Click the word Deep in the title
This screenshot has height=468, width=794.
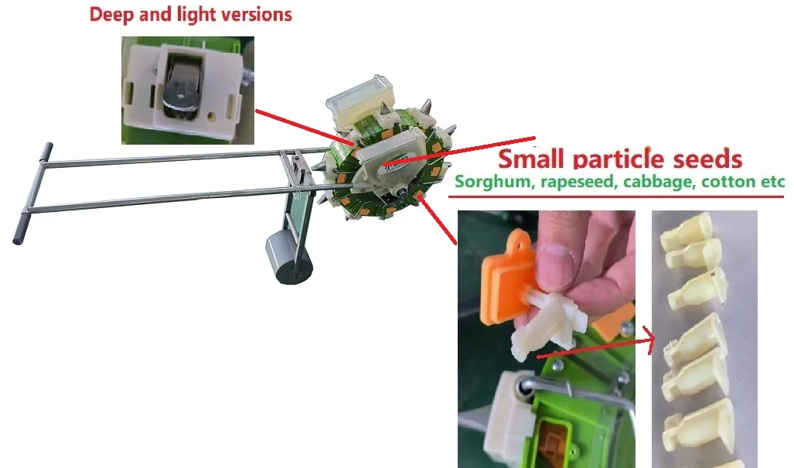111,14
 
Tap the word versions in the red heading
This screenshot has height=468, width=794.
257,14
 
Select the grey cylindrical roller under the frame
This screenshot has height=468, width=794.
288,255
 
